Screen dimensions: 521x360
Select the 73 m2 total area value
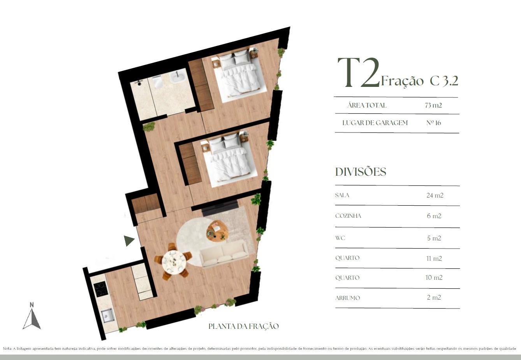[x=433, y=106]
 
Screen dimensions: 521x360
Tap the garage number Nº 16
[x=433, y=123]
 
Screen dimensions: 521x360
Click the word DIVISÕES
[x=361, y=172]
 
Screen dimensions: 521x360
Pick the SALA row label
[x=342, y=195]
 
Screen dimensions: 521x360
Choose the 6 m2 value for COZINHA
[x=434, y=216]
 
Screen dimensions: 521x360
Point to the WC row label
[x=340, y=238]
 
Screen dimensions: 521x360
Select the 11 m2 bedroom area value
[x=434, y=258]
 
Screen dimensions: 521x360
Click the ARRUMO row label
[x=347, y=298]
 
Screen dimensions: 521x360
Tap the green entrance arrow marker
[x=128, y=241]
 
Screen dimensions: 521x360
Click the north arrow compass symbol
[x=32, y=316]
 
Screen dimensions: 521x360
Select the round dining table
[x=174, y=261]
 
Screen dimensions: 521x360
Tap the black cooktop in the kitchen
[x=101, y=289]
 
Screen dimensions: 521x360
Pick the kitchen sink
[x=108, y=316]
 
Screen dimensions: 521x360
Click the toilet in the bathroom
[x=158, y=82]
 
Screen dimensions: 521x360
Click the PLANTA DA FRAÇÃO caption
[x=243, y=326]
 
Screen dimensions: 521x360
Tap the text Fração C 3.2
[x=419, y=81]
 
